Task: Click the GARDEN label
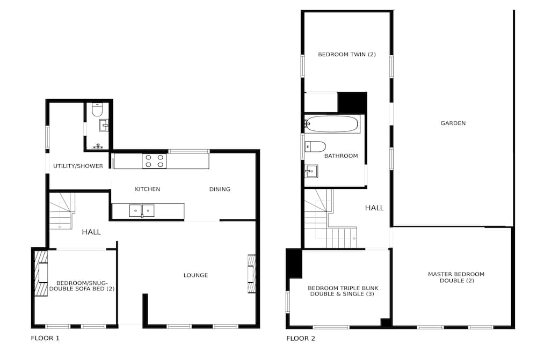pyautogui.click(x=453, y=123)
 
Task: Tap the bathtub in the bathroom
pyautogui.click(x=332, y=124)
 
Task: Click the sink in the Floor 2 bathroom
pyautogui.click(x=311, y=171)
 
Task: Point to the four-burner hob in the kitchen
pyautogui.click(x=155, y=161)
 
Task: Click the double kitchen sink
pyautogui.click(x=142, y=211)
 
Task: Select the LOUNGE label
pyautogui.click(x=195, y=275)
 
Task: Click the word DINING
pyautogui.click(x=220, y=189)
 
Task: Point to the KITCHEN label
pyautogui.click(x=147, y=189)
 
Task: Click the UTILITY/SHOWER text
pyautogui.click(x=78, y=166)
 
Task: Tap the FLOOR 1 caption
pyautogui.click(x=45, y=338)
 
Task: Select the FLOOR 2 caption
pyautogui.click(x=301, y=339)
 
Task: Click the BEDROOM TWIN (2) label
pyautogui.click(x=347, y=54)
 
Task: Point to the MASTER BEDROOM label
pyautogui.click(x=456, y=274)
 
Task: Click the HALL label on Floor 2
pyautogui.click(x=374, y=208)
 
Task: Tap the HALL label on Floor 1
pyautogui.click(x=91, y=232)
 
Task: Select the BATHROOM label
pyautogui.click(x=341, y=156)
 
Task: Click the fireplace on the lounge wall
pyautogui.click(x=252, y=274)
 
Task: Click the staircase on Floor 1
pyautogui.click(x=62, y=211)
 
